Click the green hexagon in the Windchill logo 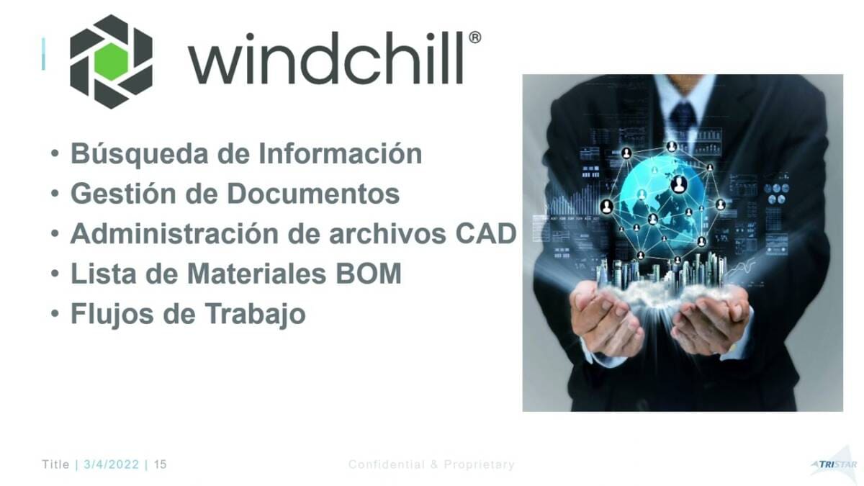pyautogui.click(x=111, y=62)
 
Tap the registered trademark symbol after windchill pyautogui.click(x=474, y=37)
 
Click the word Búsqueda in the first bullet pyautogui.click(x=140, y=154)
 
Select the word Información pyautogui.click(x=340, y=153)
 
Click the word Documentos pyautogui.click(x=313, y=194)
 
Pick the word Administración pyautogui.click(x=174, y=234)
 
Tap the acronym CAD pyautogui.click(x=485, y=234)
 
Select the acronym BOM pyautogui.click(x=369, y=274)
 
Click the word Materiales pyautogui.click(x=256, y=274)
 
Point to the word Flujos pyautogui.click(x=112, y=315)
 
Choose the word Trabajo pyautogui.click(x=255, y=315)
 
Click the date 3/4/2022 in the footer pyautogui.click(x=111, y=464)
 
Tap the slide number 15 pyautogui.click(x=160, y=464)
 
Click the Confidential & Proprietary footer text pyautogui.click(x=431, y=464)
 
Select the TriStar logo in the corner pyautogui.click(x=835, y=464)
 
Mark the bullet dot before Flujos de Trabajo pyautogui.click(x=55, y=314)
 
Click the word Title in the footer pyautogui.click(x=55, y=464)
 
